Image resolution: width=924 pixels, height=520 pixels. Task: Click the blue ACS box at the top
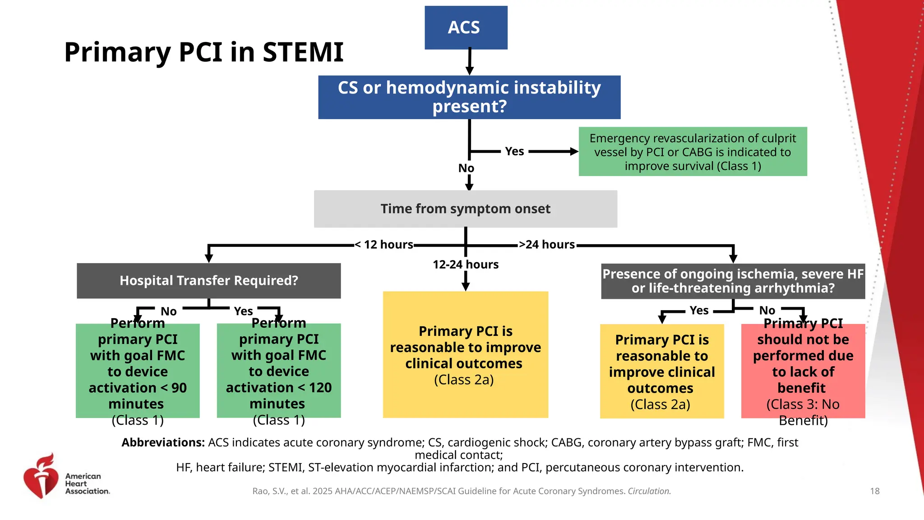click(x=466, y=28)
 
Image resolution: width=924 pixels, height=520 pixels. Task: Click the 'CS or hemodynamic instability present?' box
click(x=469, y=97)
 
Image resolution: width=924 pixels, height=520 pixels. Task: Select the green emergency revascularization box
click(x=693, y=152)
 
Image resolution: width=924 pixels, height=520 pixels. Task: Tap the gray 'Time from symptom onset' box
click(x=465, y=209)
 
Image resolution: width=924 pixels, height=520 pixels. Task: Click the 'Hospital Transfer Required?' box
click(x=208, y=281)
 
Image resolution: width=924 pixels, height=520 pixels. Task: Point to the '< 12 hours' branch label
click(x=384, y=245)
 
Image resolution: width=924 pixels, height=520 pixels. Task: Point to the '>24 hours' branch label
click(x=547, y=245)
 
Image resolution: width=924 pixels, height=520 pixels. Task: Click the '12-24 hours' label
click(x=465, y=265)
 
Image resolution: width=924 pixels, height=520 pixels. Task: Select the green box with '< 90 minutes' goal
click(x=138, y=371)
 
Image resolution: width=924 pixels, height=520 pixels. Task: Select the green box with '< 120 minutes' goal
click(x=278, y=371)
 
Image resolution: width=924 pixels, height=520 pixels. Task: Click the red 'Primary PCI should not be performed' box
click(x=803, y=371)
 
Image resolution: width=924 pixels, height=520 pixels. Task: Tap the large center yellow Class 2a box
click(x=465, y=355)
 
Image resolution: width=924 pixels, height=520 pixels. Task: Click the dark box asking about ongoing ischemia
click(x=733, y=281)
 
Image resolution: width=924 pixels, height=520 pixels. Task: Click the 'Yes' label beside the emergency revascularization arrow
click(x=514, y=152)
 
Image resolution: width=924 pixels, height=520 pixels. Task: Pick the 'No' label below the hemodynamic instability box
click(x=466, y=168)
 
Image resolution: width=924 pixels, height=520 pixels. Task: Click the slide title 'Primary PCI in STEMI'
click(x=204, y=52)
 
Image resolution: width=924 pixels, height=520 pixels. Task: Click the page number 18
click(x=874, y=491)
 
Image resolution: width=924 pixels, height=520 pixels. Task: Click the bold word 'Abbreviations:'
click(x=163, y=442)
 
